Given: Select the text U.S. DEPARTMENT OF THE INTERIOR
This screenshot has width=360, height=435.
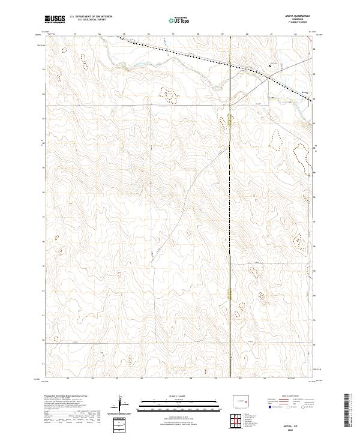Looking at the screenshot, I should [91, 17].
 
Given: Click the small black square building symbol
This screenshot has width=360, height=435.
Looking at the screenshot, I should [270, 65].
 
